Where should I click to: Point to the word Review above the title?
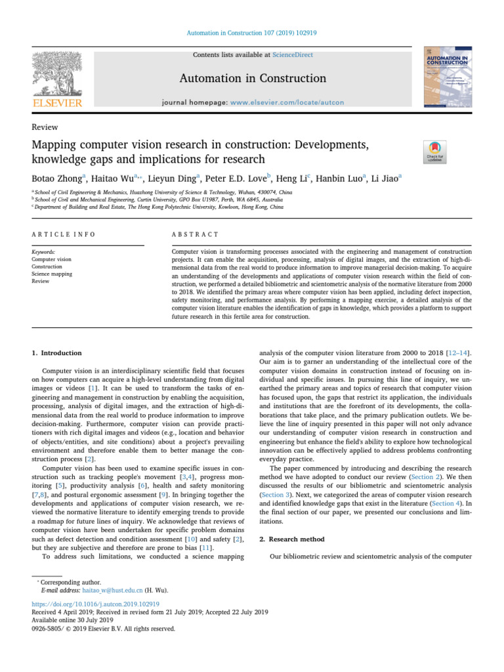pos(45,127)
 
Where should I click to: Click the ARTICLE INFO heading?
pos(63,234)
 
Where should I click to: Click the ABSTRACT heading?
pos(195,234)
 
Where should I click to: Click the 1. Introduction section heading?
pos(57,353)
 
